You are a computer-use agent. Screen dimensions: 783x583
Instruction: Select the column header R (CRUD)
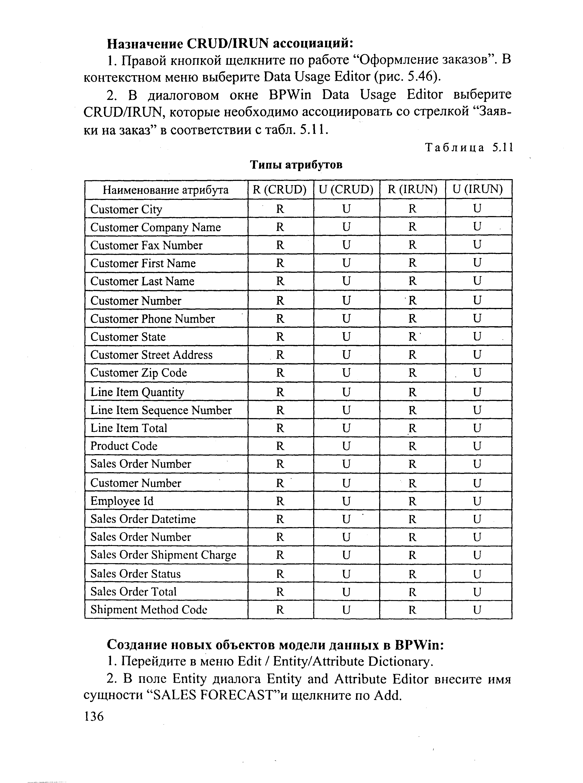[x=280, y=190]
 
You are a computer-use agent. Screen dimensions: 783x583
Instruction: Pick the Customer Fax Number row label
[x=146, y=245]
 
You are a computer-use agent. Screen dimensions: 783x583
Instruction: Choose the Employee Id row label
[x=122, y=501]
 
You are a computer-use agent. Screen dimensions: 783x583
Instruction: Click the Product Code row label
[x=124, y=446]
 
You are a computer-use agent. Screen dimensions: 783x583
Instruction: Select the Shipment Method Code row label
[x=149, y=609]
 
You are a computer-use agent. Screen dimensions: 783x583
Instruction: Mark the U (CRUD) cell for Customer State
[x=346, y=337]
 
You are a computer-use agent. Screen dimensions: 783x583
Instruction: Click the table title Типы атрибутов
[x=296, y=165]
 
